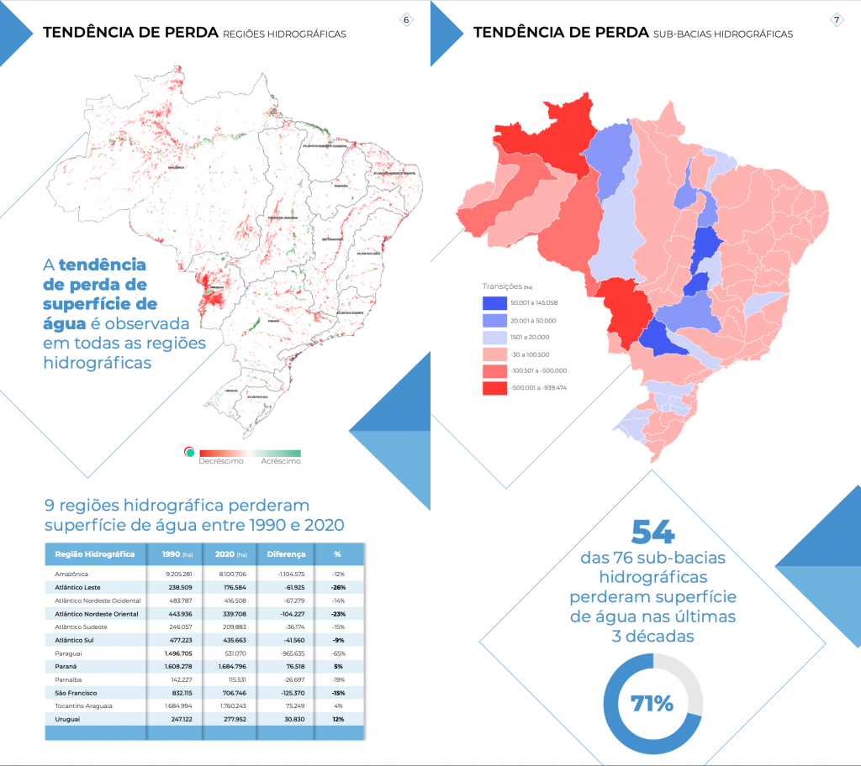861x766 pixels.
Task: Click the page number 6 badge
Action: (x=407, y=19)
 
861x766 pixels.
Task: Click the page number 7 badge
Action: (x=837, y=19)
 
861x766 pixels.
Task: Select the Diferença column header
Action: (x=286, y=554)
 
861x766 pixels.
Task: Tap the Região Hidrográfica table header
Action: (x=95, y=554)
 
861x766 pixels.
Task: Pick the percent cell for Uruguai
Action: (x=337, y=719)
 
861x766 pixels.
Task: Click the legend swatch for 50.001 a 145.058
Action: (x=494, y=304)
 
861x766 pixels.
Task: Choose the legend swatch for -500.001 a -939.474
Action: (x=494, y=387)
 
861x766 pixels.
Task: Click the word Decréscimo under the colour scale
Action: (x=221, y=461)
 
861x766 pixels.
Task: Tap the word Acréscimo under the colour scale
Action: (x=281, y=461)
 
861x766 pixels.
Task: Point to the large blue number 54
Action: (x=652, y=532)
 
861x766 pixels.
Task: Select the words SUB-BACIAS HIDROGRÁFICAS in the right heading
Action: (x=722, y=34)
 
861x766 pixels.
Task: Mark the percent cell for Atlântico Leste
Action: (x=337, y=587)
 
